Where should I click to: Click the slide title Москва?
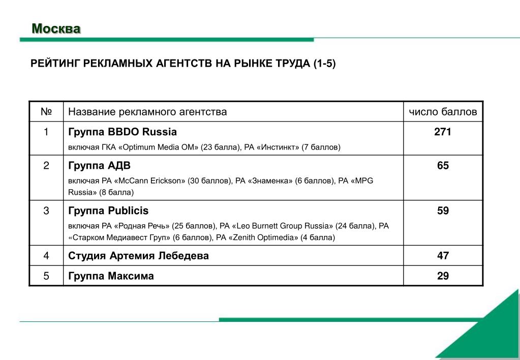(56, 28)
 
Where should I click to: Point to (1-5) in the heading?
(324, 64)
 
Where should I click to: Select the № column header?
(46, 112)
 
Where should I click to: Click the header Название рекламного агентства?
(147, 112)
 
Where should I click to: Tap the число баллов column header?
(443, 112)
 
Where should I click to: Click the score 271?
(443, 132)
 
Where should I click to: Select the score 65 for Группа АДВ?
(443, 166)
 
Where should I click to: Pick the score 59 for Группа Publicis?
(443, 211)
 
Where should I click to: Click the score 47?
(443, 256)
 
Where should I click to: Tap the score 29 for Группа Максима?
(443, 276)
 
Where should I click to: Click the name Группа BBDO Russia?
(123, 132)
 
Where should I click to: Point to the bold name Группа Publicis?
(108, 211)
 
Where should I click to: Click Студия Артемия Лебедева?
(138, 256)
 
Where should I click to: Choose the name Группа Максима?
(111, 276)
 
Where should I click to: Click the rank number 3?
(46, 211)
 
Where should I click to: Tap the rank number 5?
(46, 276)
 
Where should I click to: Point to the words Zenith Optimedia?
(265, 237)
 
